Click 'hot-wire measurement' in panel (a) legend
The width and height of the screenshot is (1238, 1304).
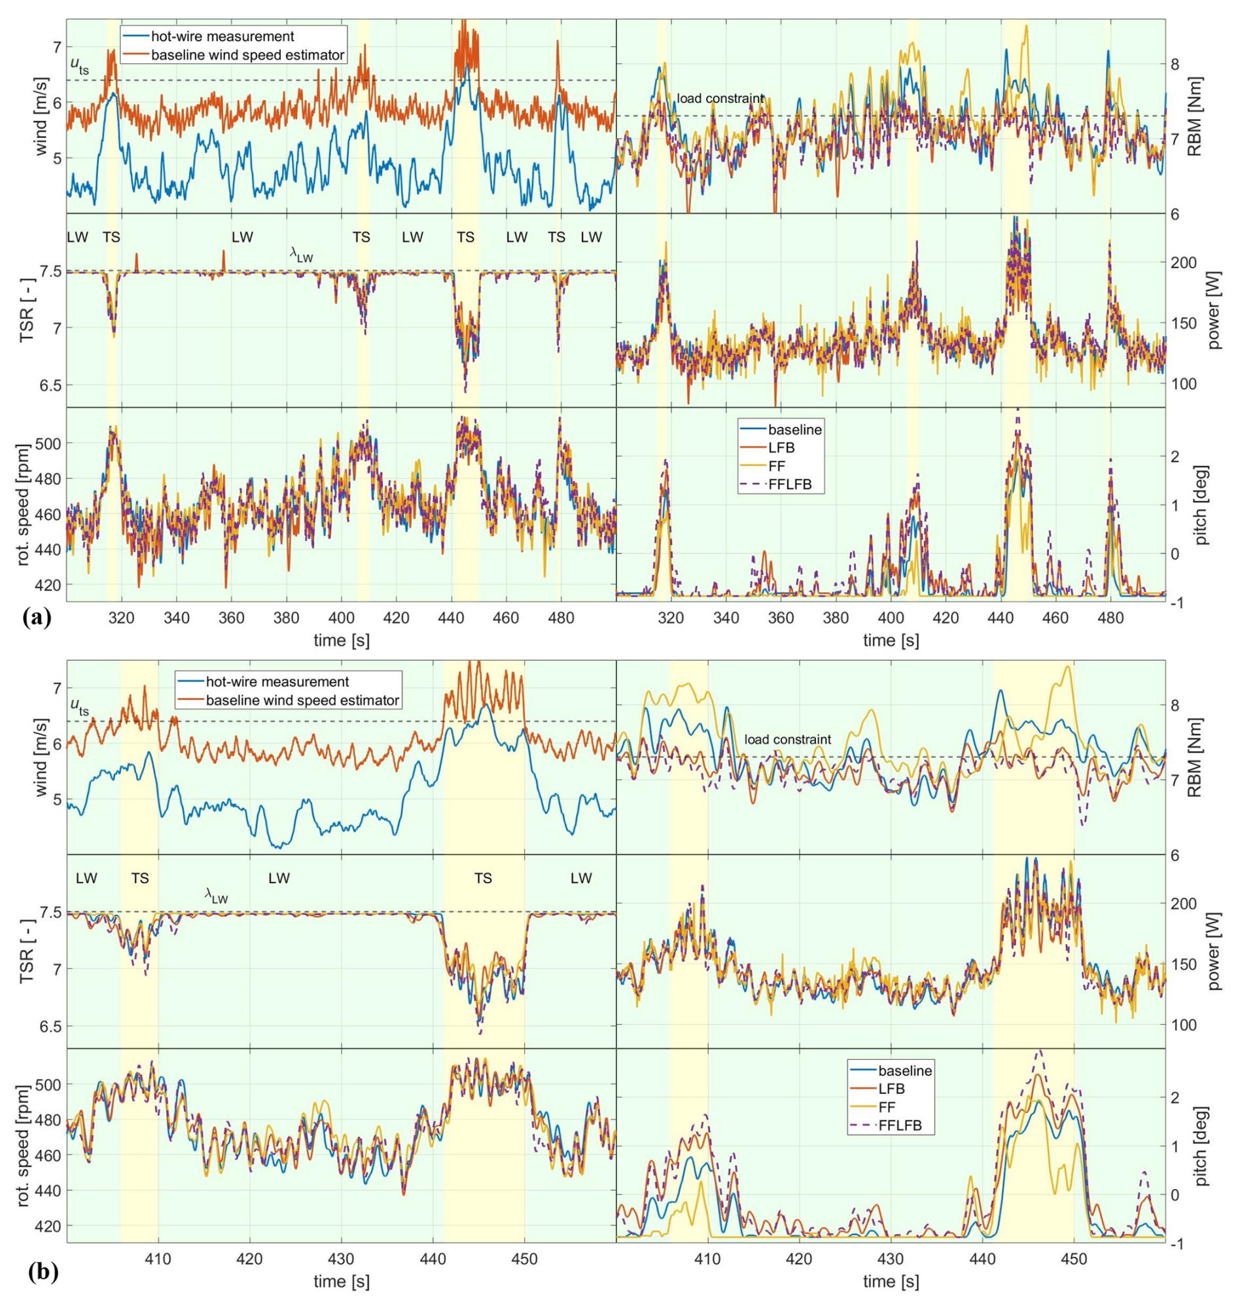pos(222,36)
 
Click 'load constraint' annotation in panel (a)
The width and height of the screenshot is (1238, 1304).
pos(720,98)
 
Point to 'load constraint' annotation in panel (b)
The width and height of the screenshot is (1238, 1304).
pos(787,740)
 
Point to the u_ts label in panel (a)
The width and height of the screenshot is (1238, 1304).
pos(80,65)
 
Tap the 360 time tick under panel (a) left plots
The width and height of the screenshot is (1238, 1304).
pos(231,618)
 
